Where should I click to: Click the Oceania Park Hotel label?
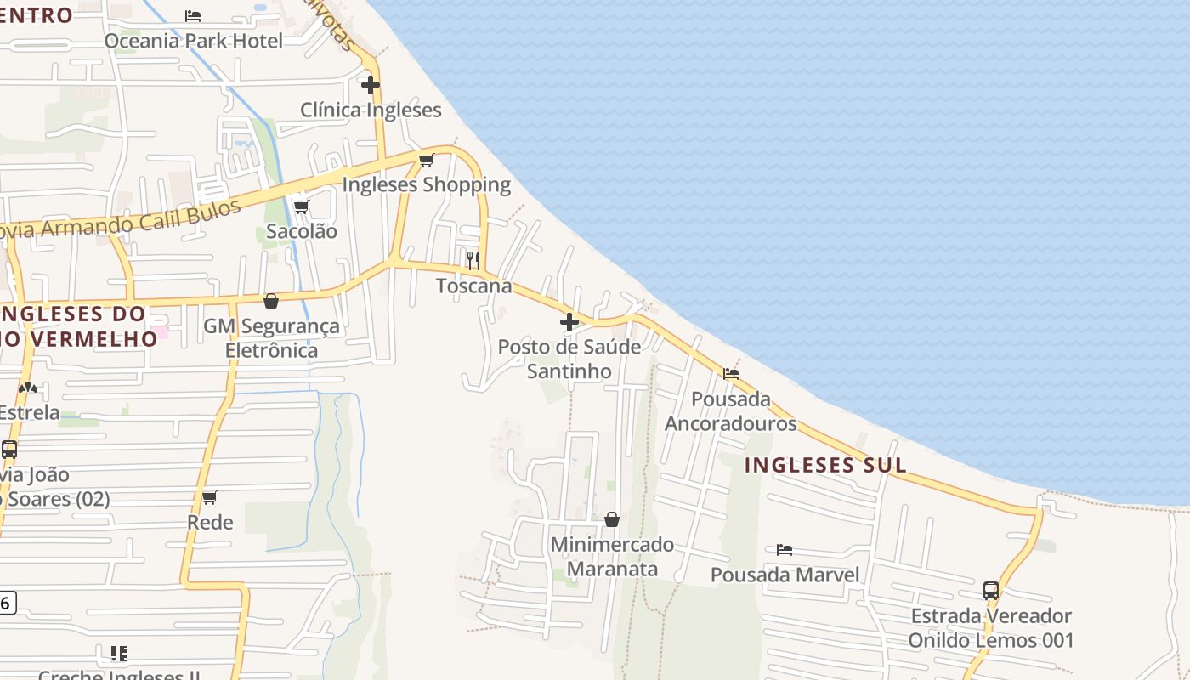[x=193, y=40]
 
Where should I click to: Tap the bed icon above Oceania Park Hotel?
[x=193, y=15]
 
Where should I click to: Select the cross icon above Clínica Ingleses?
[x=370, y=85]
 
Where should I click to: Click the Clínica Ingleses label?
[x=371, y=110]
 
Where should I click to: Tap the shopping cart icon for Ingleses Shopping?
[x=427, y=160]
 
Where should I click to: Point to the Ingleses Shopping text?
[x=426, y=184]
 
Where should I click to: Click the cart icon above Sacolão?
[x=301, y=207]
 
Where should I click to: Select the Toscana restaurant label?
[x=473, y=286]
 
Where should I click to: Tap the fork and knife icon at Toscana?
[x=473, y=260]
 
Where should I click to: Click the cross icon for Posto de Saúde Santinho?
[x=569, y=322]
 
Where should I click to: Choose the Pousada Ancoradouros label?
[x=731, y=411]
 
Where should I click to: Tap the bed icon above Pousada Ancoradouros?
[x=731, y=373]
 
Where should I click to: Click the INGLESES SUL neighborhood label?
[x=825, y=465]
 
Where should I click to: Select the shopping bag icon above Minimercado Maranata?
[x=612, y=519]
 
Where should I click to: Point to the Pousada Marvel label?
[x=785, y=575]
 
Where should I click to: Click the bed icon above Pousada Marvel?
[x=785, y=550]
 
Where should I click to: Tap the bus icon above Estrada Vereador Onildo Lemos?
[x=991, y=590]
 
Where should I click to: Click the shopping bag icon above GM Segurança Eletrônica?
[x=271, y=301]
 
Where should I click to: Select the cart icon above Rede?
[x=209, y=497]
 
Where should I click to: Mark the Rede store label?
[x=210, y=522]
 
